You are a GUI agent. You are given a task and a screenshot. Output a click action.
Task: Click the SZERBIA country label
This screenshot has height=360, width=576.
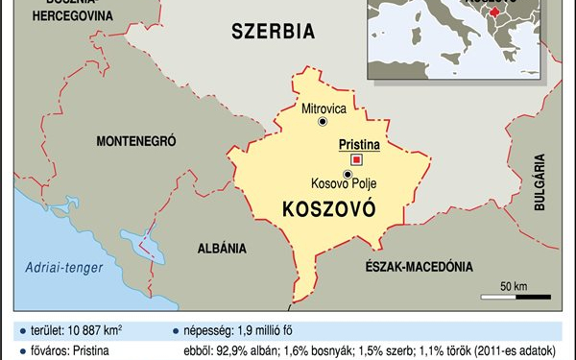(273, 32)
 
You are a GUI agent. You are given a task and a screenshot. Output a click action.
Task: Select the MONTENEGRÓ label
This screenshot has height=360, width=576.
(136, 141)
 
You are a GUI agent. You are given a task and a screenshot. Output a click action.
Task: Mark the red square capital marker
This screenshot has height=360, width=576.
(356, 159)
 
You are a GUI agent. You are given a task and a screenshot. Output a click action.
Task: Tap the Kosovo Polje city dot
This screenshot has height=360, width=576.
(347, 174)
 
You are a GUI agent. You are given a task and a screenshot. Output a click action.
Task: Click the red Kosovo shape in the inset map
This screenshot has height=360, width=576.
(495, 12)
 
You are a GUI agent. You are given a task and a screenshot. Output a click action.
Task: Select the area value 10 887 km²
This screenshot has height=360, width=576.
(95, 330)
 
